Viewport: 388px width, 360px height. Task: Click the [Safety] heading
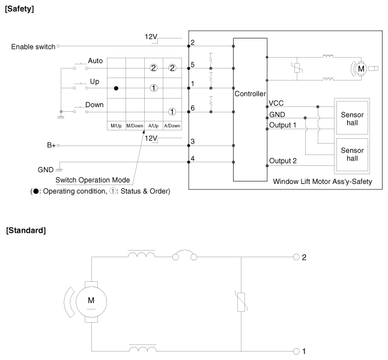(x=19, y=9)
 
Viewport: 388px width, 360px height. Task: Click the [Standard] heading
(x=26, y=231)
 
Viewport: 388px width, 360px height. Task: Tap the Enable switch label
(x=33, y=47)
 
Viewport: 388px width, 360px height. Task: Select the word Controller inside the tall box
(x=250, y=94)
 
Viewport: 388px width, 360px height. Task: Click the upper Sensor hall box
(x=352, y=118)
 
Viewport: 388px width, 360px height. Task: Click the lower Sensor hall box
(x=352, y=154)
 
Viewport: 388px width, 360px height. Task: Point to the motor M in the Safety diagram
(x=361, y=69)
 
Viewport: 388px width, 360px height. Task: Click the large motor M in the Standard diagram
(x=91, y=302)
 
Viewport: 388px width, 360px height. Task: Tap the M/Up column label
(x=117, y=126)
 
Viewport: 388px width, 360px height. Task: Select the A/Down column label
(x=172, y=126)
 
